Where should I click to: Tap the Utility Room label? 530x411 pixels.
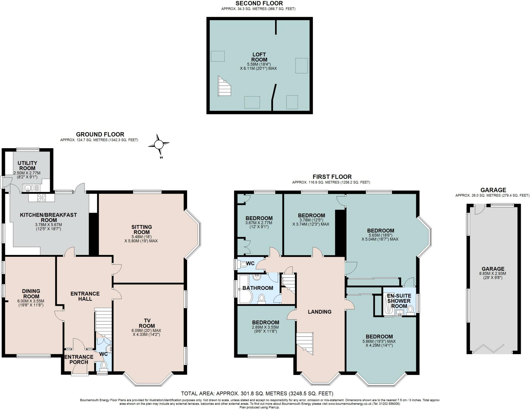pyautogui.click(x=27, y=166)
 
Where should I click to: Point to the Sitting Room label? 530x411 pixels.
pyautogui.click(x=142, y=229)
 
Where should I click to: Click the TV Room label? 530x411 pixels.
pyautogui.click(x=147, y=323)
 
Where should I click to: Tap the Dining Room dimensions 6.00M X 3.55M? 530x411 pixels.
pyautogui.click(x=31, y=301)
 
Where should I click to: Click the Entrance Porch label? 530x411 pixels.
pyautogui.click(x=79, y=359)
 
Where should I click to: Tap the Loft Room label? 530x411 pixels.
pyautogui.click(x=259, y=57)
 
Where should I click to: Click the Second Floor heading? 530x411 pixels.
pyautogui.click(x=259, y=3)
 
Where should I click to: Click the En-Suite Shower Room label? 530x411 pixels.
pyautogui.click(x=399, y=301)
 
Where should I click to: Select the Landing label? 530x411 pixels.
pyautogui.click(x=320, y=312)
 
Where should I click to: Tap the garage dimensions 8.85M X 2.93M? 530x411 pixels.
pyautogui.click(x=493, y=273)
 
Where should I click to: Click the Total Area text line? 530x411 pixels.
pyautogui.click(x=257, y=394)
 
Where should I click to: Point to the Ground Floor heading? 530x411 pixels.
pyautogui.click(x=100, y=134)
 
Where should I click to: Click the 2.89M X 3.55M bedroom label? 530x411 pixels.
pyautogui.click(x=266, y=327)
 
